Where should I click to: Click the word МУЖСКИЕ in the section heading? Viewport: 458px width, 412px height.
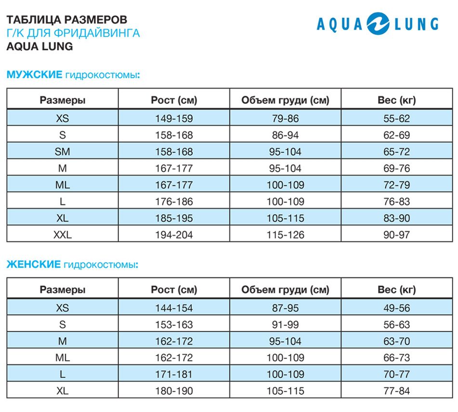point(34,74)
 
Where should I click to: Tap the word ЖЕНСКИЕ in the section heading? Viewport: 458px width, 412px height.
point(33,264)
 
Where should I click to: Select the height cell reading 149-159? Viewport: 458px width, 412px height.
point(174,118)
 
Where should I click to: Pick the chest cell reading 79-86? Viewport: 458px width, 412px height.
point(285,118)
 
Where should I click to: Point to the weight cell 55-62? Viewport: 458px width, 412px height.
point(396,118)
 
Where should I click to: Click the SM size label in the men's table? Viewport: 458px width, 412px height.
point(63,151)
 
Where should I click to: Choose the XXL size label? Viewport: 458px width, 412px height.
point(63,235)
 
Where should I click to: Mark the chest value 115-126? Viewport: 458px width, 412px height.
point(285,235)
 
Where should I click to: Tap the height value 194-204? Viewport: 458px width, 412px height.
point(174,235)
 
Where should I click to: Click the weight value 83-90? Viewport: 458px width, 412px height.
point(396,218)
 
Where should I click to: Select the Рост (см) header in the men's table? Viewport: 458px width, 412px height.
point(174,100)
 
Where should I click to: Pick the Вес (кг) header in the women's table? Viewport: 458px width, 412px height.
point(396,290)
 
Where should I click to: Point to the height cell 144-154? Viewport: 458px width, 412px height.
point(174,308)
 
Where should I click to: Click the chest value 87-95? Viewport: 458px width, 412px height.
point(285,308)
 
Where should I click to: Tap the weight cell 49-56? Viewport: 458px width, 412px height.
point(396,308)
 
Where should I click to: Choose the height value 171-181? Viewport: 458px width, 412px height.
point(174,374)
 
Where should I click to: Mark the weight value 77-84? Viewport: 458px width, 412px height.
point(396,391)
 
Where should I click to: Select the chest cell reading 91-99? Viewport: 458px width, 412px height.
point(285,325)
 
